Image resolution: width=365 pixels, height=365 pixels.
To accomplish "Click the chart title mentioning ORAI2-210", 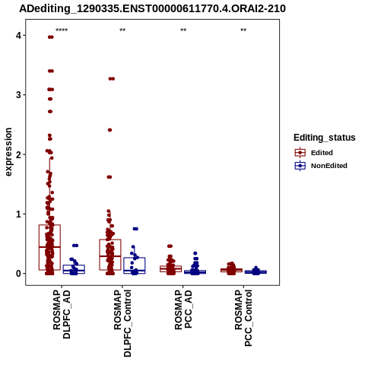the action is (152, 9).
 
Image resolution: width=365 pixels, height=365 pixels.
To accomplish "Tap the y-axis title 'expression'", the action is (8, 152).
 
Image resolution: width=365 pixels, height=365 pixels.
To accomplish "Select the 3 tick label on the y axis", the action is (18, 95).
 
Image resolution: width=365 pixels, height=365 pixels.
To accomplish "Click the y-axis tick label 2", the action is (18, 154).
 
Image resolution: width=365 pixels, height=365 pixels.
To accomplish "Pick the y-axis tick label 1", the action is (18, 214).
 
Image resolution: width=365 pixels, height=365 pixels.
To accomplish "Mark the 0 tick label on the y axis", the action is (18, 274).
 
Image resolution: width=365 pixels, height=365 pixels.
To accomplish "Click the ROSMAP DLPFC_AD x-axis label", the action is (62, 314).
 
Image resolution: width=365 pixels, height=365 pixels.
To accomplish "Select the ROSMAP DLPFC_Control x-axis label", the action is (122, 323).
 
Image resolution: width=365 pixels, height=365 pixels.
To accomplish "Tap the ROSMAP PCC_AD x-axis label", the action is (183, 309).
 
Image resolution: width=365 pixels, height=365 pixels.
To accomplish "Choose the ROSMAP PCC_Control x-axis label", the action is (243, 318).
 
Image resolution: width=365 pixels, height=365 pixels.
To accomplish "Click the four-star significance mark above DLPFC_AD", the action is (62, 30).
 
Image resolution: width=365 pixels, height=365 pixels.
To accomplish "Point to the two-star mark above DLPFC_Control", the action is (122, 30).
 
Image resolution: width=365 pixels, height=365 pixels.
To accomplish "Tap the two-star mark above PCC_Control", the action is (243, 30).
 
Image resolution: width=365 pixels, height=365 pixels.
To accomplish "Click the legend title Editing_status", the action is (325, 138).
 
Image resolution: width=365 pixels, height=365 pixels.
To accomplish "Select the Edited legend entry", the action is (314, 153).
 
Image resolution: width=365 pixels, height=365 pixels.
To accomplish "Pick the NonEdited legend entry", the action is (321, 166).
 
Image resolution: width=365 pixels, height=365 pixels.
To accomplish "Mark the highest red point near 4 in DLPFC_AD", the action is (51, 37).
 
